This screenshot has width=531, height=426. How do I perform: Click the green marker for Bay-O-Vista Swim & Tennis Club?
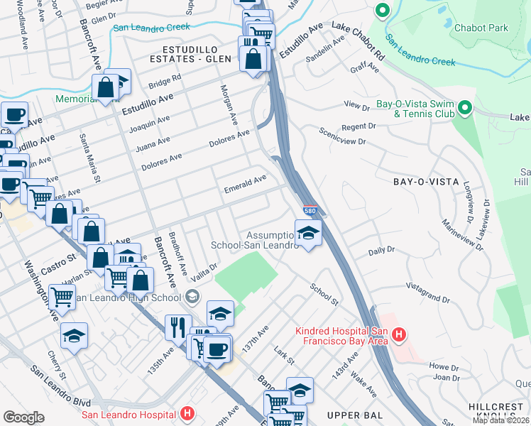coord(465,109)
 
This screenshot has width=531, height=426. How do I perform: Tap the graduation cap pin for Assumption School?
coord(308,233)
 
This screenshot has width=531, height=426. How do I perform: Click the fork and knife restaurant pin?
coord(178,327)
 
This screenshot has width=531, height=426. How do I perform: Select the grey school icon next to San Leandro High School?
coord(191,297)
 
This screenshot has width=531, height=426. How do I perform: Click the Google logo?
coord(23,417)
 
